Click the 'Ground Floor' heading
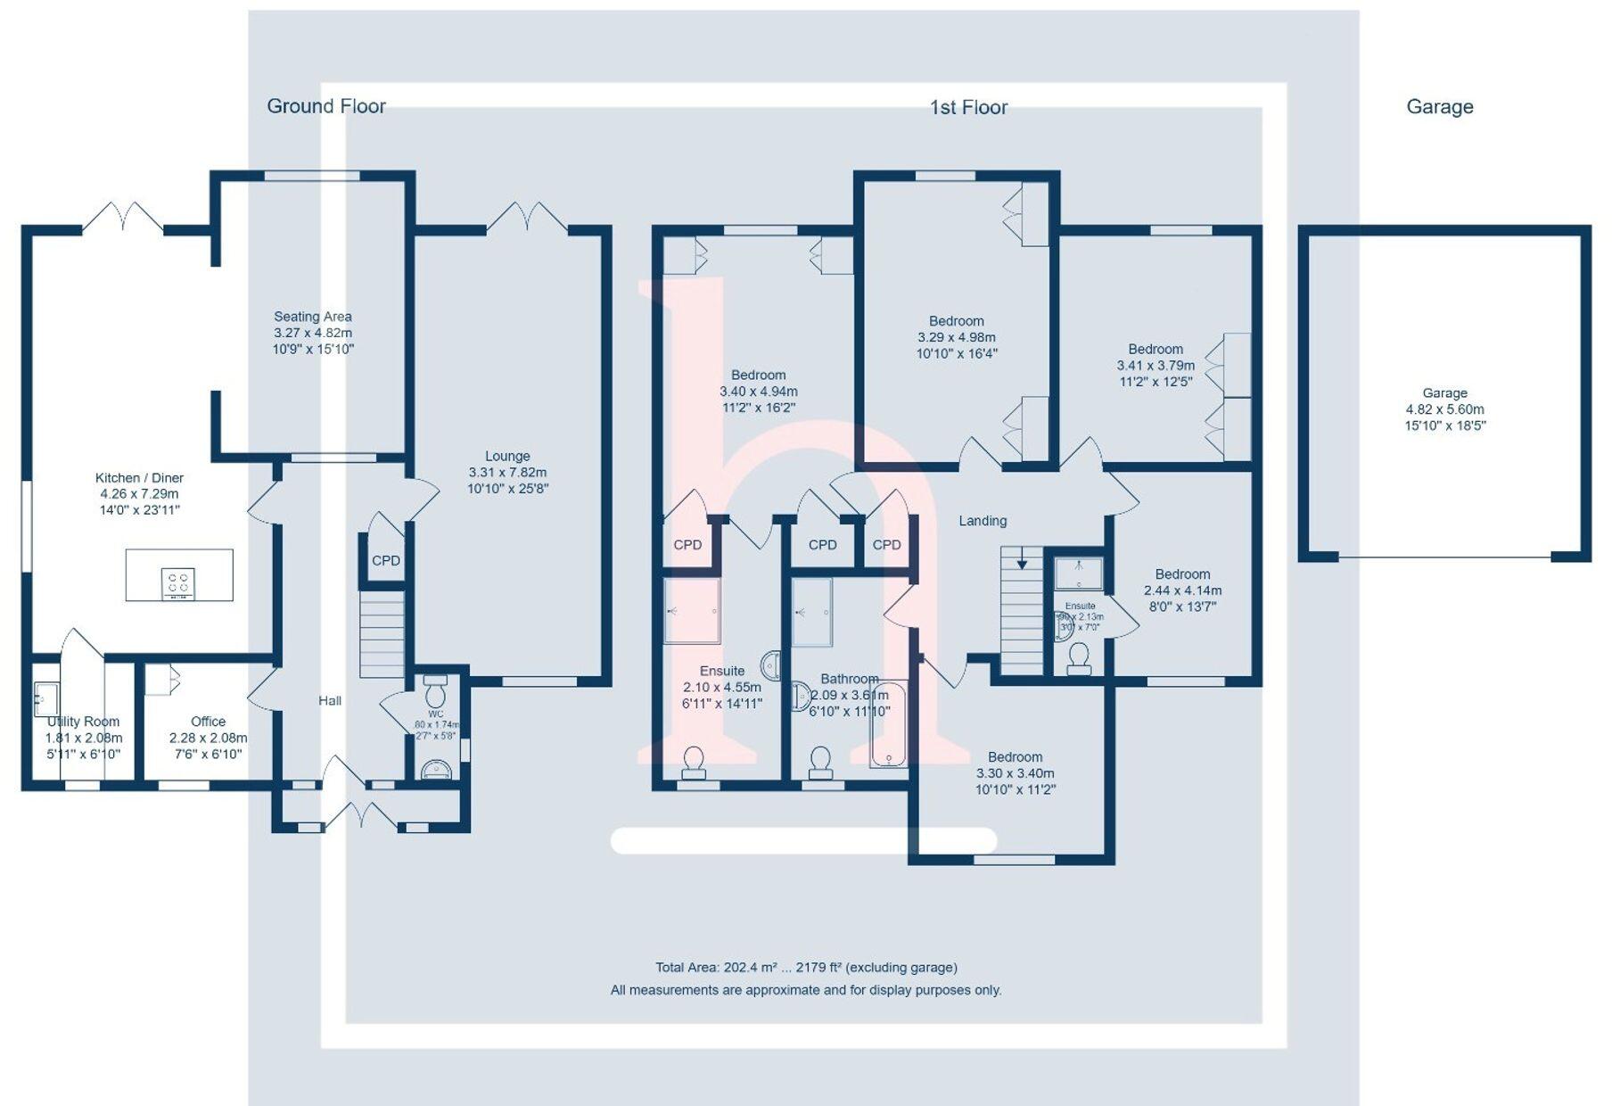(326, 106)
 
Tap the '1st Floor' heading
(968, 107)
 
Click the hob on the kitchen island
(178, 583)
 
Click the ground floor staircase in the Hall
(382, 637)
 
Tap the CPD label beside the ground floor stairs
(386, 561)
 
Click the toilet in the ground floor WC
(436, 692)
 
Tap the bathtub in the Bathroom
(888, 724)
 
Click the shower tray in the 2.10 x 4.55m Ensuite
(692, 611)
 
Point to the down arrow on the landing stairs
(1022, 562)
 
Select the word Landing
(983, 521)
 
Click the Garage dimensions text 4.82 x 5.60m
(1444, 409)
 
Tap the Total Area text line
(806, 967)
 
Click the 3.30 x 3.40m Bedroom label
(1015, 772)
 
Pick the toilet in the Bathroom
(820, 762)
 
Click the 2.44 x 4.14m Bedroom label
(1182, 590)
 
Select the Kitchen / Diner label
(139, 493)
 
